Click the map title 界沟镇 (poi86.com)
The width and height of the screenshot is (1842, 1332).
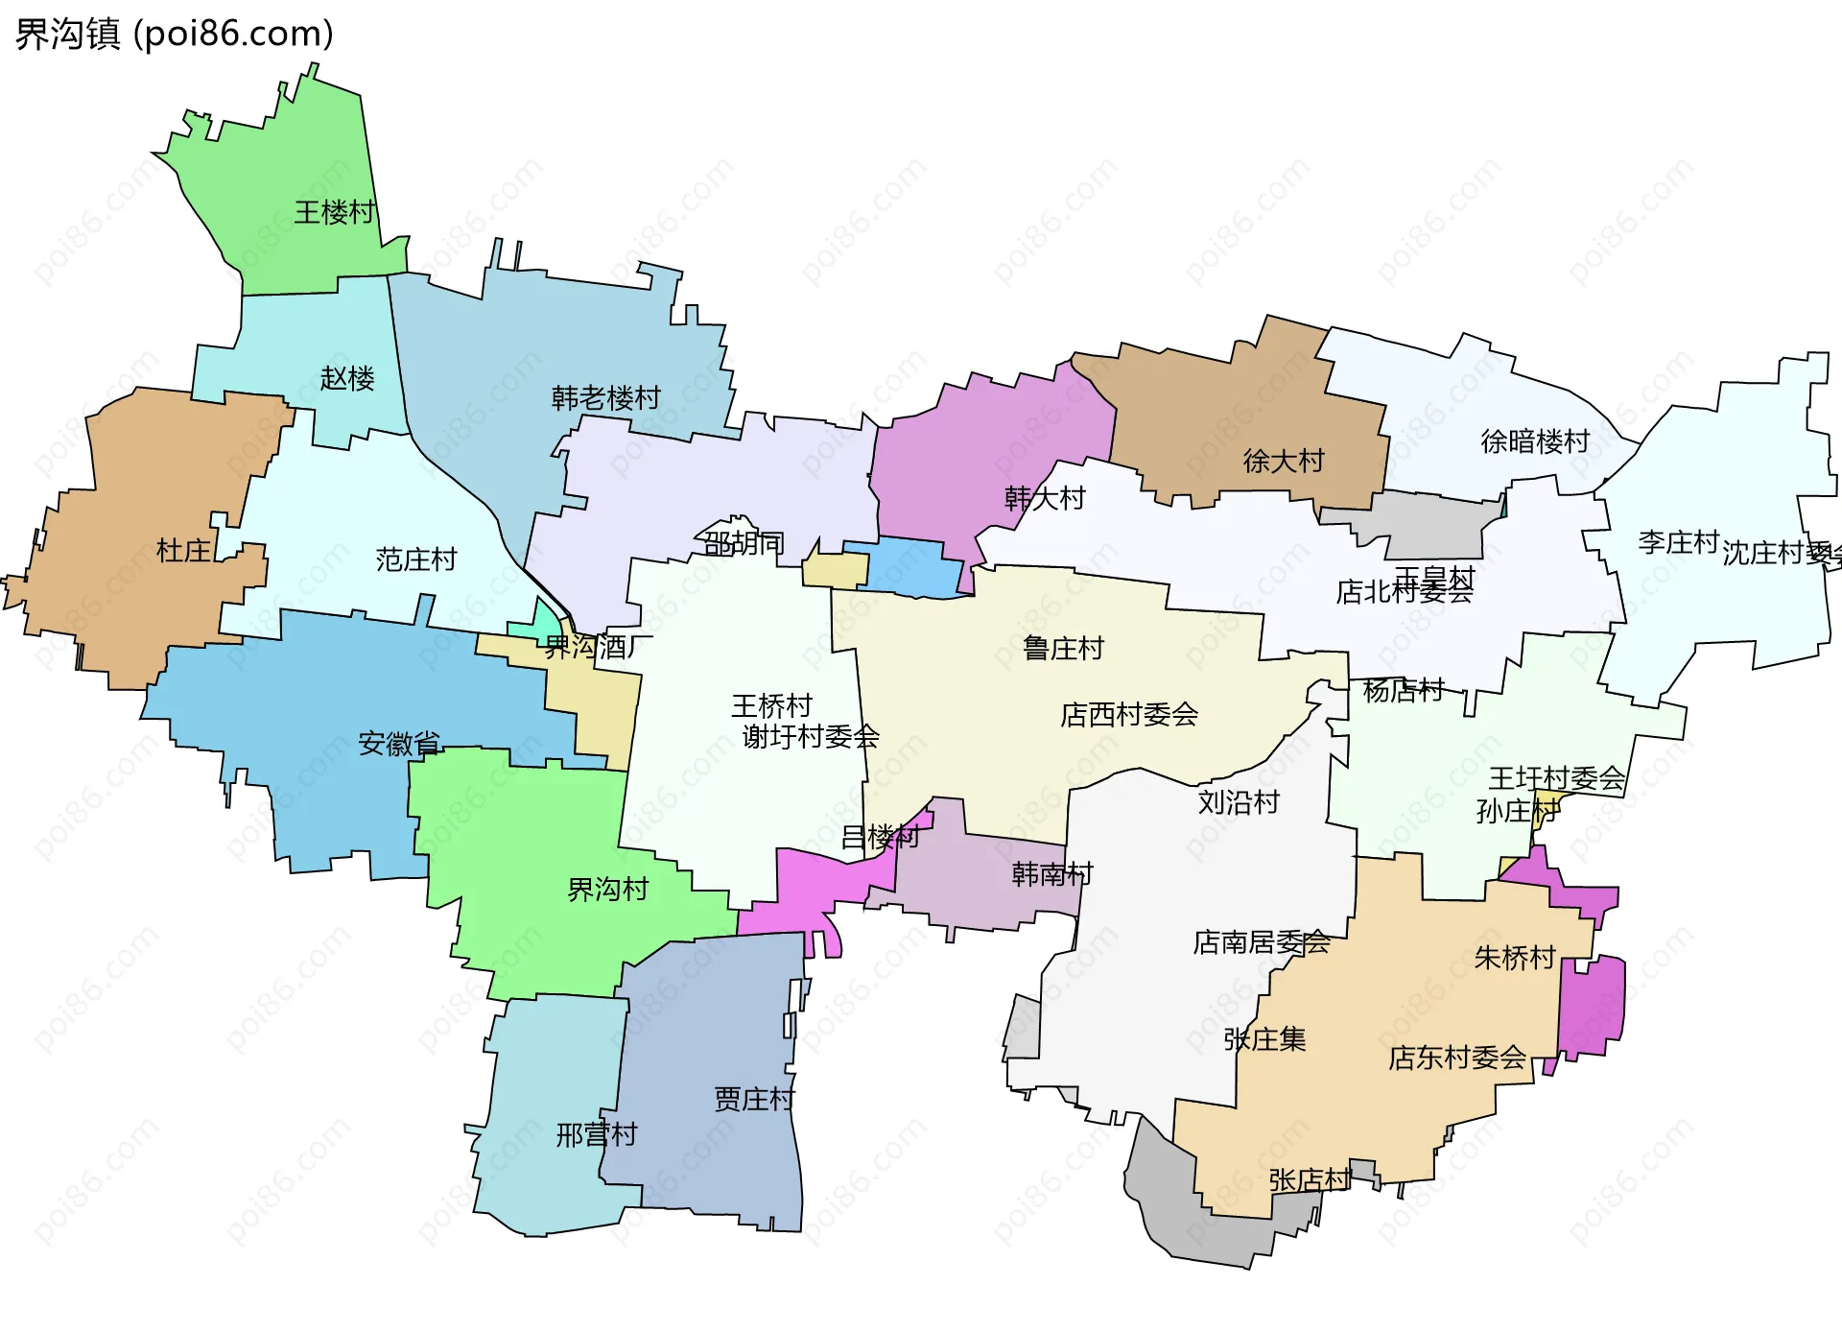point(174,34)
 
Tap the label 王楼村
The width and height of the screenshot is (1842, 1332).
point(334,212)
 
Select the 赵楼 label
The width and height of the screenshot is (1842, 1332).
point(346,378)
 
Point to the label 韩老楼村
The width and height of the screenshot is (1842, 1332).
point(605,397)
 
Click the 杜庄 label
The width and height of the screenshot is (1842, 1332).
point(183,551)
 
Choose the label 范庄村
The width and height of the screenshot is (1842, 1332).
point(415,559)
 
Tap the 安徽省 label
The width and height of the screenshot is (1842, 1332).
point(399,744)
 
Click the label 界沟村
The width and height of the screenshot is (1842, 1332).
point(607,890)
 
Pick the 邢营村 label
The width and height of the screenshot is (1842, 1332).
point(596,1135)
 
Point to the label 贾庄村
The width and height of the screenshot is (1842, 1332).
point(754,1099)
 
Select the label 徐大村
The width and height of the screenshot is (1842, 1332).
point(1283,462)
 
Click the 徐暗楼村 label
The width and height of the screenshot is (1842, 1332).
point(1535,441)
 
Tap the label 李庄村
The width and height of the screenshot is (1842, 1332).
point(1677,542)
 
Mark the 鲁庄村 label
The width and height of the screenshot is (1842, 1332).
point(1063,649)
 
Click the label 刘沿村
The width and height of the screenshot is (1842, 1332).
point(1238,802)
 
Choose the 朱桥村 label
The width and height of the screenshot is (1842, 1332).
point(1514,958)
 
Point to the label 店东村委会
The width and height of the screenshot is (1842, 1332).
point(1456,1058)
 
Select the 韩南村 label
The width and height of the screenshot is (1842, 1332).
point(1051,873)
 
